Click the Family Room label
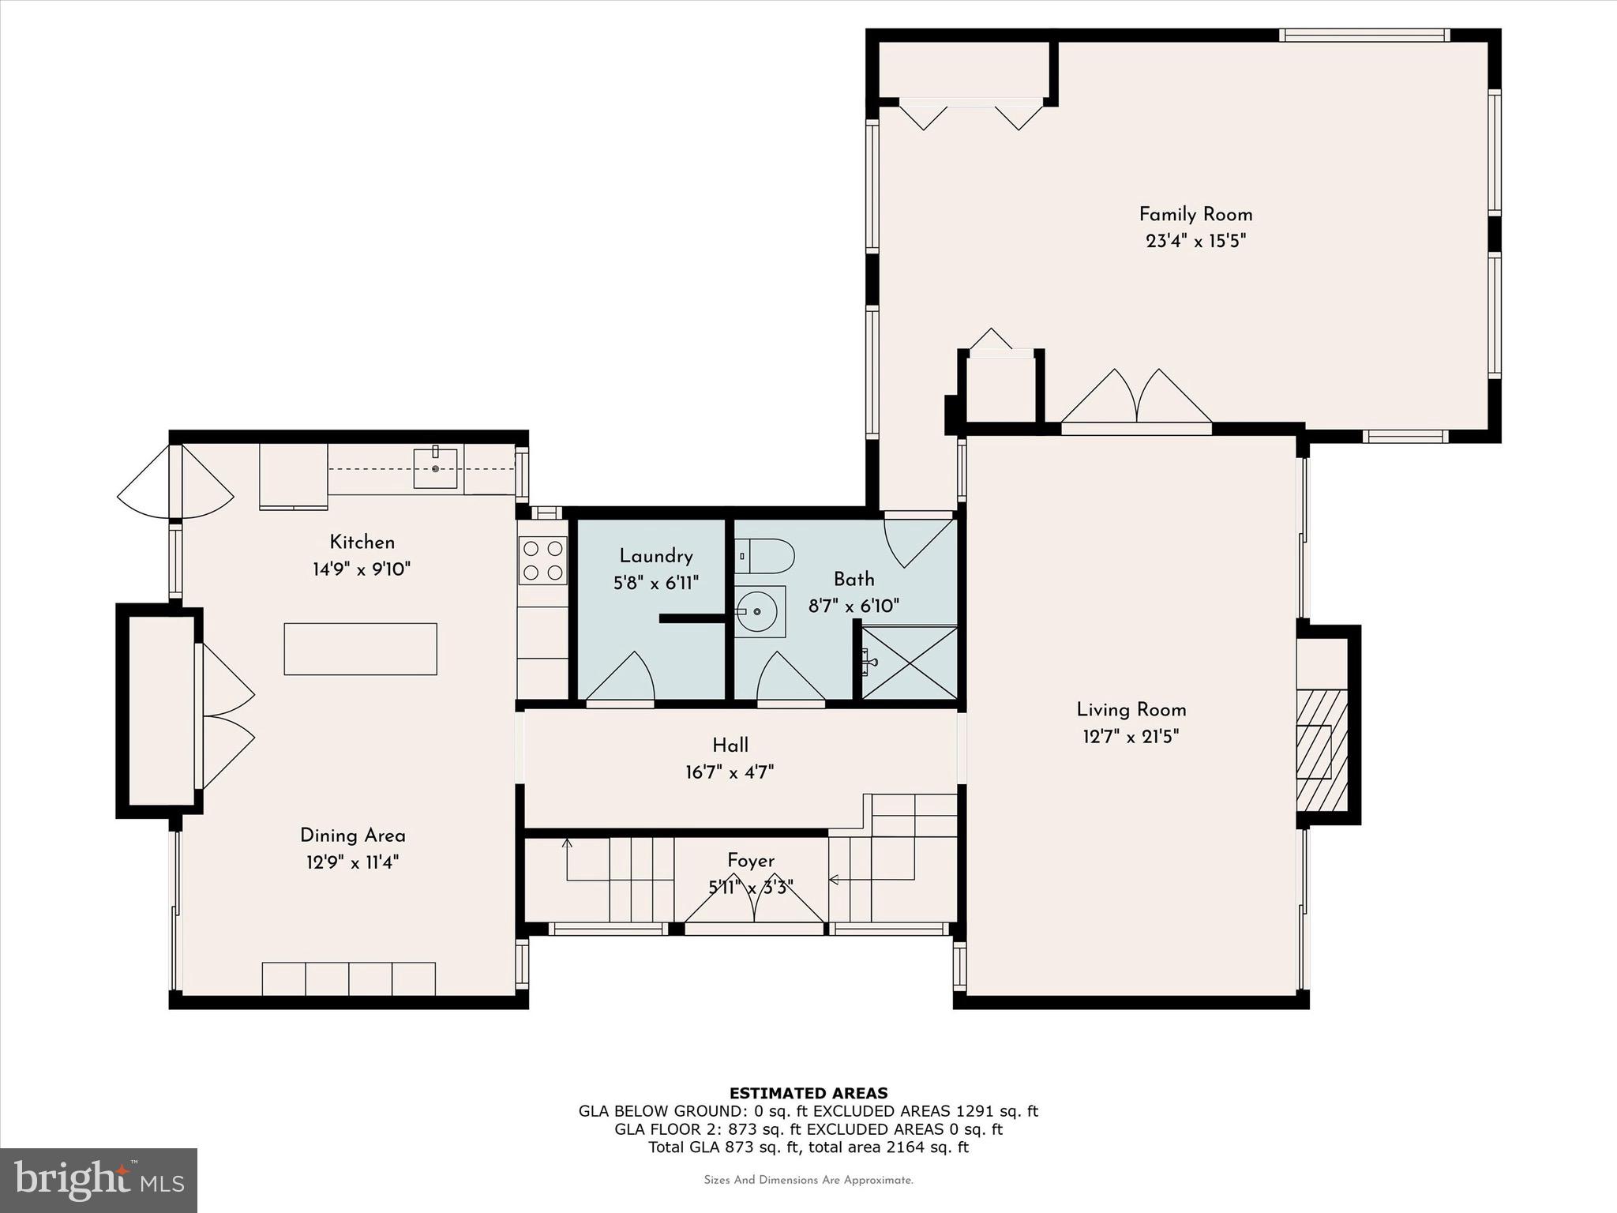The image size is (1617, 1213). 1195,214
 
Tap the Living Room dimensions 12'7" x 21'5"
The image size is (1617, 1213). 1131,737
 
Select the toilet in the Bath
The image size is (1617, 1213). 764,556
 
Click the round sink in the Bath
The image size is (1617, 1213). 757,610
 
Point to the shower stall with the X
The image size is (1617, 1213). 909,663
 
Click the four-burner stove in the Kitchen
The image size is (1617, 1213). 542,560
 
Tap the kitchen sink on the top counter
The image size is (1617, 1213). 435,468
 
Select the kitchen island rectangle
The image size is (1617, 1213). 360,648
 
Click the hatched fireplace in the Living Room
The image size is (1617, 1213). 1321,750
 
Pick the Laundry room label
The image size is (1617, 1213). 655,556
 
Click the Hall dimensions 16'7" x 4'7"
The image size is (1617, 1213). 730,772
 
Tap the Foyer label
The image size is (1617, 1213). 750,860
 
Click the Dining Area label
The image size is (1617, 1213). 352,836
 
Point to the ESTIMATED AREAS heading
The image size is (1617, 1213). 808,1093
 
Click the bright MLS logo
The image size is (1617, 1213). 99,1180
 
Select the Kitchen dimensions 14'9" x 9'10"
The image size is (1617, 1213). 362,569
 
